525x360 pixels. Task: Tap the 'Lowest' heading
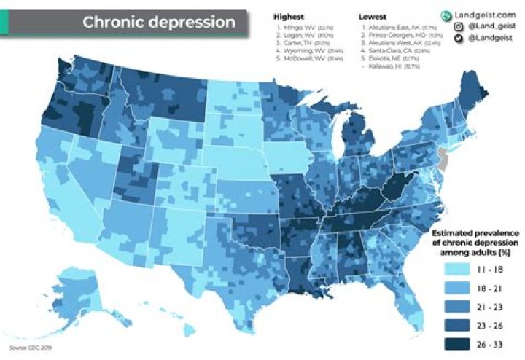(373, 15)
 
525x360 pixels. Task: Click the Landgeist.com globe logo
(446, 15)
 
